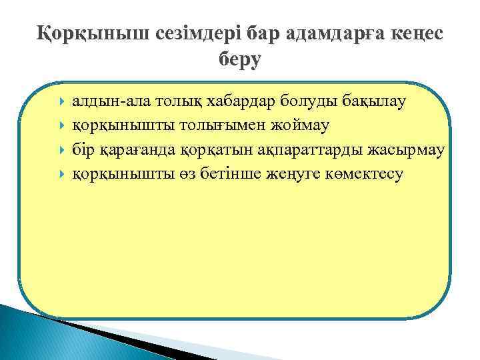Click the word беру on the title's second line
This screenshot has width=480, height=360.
tap(240, 59)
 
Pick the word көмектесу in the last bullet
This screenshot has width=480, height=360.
tap(361, 174)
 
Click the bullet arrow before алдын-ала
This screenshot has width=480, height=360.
tap(61, 102)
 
